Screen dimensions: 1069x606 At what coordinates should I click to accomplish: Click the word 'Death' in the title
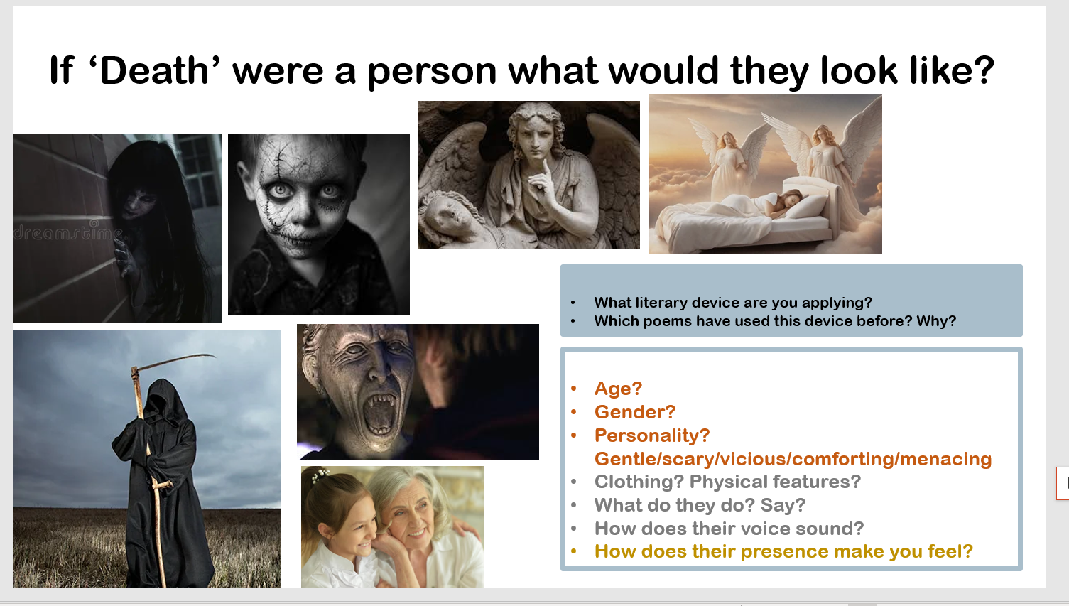[x=154, y=70]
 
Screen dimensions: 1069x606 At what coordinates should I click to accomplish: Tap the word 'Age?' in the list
[x=618, y=389]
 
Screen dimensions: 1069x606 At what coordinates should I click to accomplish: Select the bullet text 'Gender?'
[x=635, y=412]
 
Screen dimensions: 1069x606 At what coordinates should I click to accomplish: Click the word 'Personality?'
[x=652, y=435]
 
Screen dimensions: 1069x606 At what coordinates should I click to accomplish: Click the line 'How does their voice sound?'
[x=729, y=529]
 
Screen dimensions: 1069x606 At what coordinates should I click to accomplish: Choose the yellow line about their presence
[x=783, y=551]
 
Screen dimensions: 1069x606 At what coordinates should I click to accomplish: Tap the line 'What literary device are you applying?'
[x=732, y=303]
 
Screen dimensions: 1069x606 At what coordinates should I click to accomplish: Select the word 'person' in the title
[x=432, y=72]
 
